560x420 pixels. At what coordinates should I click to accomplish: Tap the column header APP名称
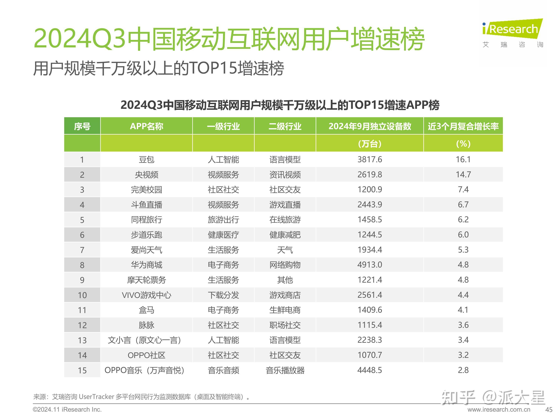pos(146,126)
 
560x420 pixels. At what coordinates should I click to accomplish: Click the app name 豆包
pos(146,159)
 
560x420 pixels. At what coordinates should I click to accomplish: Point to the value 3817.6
pos(369,159)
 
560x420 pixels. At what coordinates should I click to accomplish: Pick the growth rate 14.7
pos(463,174)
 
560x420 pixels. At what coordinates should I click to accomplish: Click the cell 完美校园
pos(146,190)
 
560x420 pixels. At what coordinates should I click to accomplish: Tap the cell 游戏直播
pos(285,205)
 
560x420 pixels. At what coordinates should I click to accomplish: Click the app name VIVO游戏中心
pos(146,295)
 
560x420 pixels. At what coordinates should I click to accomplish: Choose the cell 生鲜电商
pos(285,310)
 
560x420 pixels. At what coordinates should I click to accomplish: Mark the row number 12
pos(82,325)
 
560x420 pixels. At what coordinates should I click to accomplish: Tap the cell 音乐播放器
pos(285,370)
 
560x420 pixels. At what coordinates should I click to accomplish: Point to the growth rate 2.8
pos(463,370)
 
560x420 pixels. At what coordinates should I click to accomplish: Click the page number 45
pos(549,410)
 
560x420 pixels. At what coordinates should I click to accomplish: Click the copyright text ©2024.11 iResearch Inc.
pos(67,410)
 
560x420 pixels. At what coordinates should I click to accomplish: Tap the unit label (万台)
pos(369,144)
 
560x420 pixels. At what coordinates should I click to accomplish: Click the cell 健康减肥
pos(285,235)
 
